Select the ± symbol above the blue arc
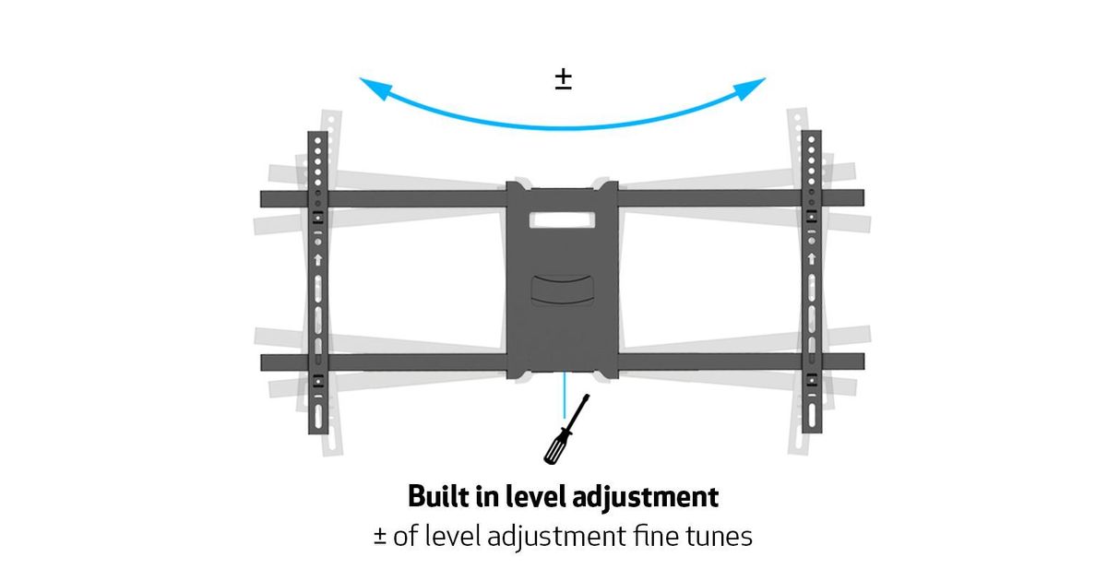tap(563, 79)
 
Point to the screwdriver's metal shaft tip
tap(586, 399)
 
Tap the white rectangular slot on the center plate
tap(562, 221)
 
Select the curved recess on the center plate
tap(562, 285)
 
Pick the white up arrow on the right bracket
tap(811, 260)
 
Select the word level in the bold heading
tap(533, 497)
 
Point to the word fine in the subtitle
tap(649, 537)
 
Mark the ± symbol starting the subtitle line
tap(380, 537)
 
